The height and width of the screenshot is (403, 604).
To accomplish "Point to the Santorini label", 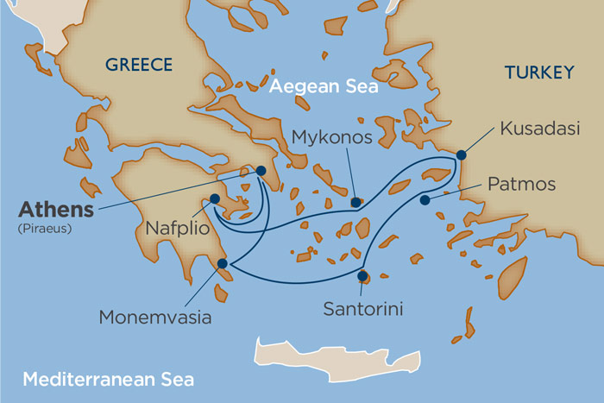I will pyautogui.click(x=361, y=307).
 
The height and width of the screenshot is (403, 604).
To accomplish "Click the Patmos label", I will pyautogui.click(x=522, y=185).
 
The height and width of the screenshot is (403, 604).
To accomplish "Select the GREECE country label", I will pyautogui.click(x=138, y=65).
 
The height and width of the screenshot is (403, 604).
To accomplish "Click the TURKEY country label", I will pyautogui.click(x=538, y=73).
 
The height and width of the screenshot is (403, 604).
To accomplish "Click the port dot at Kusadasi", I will pyautogui.click(x=462, y=155).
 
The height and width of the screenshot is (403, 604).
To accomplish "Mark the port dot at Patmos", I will pyautogui.click(x=425, y=200).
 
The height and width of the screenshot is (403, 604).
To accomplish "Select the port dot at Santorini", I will pyautogui.click(x=362, y=277).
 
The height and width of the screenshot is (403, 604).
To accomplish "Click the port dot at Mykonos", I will pyautogui.click(x=355, y=203).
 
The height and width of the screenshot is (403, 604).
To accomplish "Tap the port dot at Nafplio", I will pyautogui.click(x=215, y=198).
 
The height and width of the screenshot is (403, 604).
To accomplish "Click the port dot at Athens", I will pyautogui.click(x=261, y=171).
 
